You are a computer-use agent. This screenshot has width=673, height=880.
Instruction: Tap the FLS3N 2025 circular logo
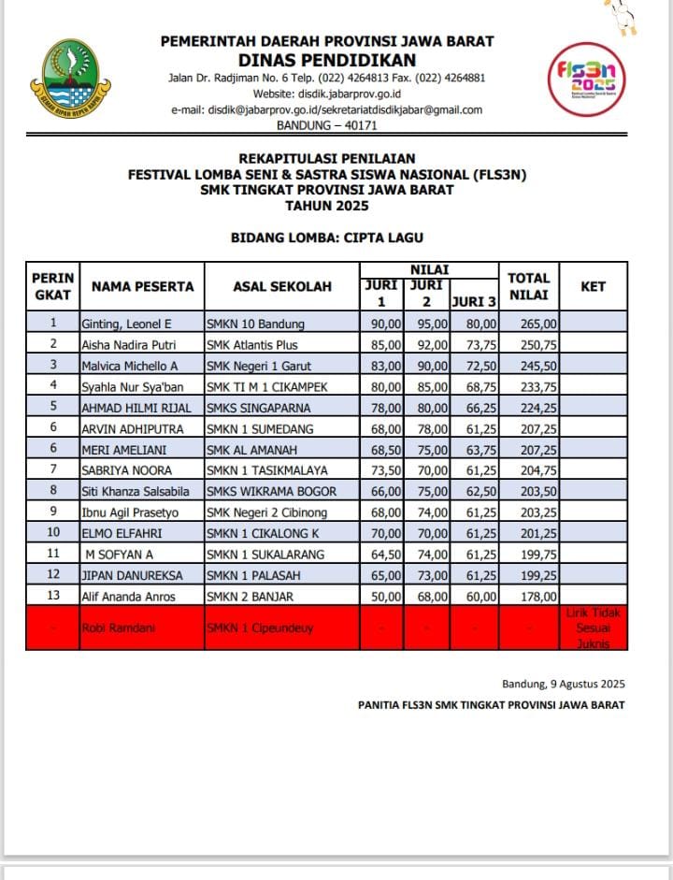[x=585, y=80]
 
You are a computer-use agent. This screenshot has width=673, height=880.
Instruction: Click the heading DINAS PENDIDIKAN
[x=327, y=59]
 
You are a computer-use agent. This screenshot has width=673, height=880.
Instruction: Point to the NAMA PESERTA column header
[x=142, y=287]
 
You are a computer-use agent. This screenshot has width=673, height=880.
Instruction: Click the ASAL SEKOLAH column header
[x=281, y=287]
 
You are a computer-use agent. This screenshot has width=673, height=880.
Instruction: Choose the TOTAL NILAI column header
[x=528, y=287]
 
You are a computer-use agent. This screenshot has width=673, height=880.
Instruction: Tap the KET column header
[x=593, y=287]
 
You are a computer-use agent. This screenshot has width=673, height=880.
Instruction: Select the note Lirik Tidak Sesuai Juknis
[x=594, y=628]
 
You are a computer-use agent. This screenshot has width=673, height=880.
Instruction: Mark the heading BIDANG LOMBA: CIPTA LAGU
[x=326, y=238]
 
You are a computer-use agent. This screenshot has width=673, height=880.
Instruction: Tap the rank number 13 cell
[x=52, y=596]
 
